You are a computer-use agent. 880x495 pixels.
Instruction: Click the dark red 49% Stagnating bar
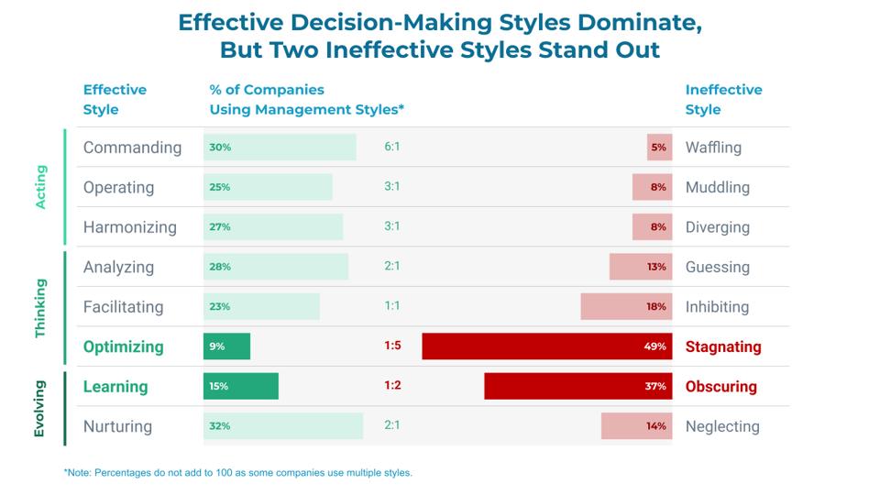tap(547, 346)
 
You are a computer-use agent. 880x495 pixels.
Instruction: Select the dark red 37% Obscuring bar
tap(577, 386)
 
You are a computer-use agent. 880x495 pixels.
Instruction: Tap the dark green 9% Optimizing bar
tap(226, 346)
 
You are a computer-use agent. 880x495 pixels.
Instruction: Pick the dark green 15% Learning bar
tap(241, 386)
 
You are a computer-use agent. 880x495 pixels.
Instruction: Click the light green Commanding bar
tap(280, 148)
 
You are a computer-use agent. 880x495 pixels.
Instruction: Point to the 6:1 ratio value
tap(392, 148)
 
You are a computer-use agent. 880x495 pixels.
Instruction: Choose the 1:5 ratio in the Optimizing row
tap(392, 346)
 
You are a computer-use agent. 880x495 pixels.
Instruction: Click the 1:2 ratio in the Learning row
tap(392, 386)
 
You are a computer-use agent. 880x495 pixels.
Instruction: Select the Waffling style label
tap(713, 148)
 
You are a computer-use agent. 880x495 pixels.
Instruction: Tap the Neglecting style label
tap(722, 426)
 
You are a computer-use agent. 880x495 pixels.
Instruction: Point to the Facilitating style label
tap(123, 307)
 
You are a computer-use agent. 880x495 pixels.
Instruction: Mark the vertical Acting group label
tap(40, 187)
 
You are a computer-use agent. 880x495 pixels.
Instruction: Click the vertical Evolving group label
tap(40, 406)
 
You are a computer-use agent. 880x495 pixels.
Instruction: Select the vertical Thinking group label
tap(40, 307)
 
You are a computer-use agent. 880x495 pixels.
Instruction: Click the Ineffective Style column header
tap(723, 100)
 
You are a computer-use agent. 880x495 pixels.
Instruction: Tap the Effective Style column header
tap(115, 100)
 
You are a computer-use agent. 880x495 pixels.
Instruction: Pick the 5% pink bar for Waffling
tap(659, 148)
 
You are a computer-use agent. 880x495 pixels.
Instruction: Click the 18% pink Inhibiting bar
tap(626, 307)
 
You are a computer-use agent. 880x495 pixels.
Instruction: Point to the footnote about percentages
tap(237, 473)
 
